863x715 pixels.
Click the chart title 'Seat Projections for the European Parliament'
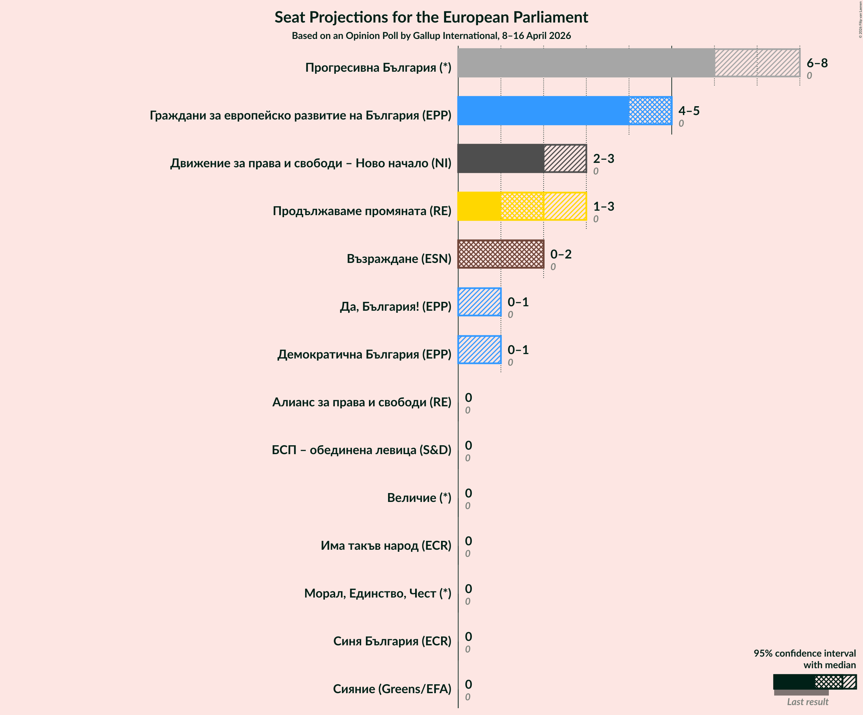coord(431,17)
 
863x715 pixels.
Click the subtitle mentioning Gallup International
coord(431,36)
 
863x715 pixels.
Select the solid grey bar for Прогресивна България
coord(586,63)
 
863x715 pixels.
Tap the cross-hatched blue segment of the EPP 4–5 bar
coord(650,111)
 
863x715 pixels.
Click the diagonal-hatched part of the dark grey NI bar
coord(565,158)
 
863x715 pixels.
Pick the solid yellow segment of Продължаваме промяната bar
coord(479,206)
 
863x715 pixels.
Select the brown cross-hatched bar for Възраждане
coord(501,254)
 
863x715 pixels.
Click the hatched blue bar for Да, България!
coord(480,302)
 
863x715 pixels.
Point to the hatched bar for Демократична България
coord(480,350)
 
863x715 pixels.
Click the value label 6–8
coord(817,63)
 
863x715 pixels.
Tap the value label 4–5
coord(689,111)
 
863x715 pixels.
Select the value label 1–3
coord(603,206)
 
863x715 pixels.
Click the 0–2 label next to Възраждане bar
coord(561,254)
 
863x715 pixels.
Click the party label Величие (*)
coord(419,498)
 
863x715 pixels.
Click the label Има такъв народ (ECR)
coord(385,545)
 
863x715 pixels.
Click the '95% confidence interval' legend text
coord(804,653)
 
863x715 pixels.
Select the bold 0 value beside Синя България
coord(468,636)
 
